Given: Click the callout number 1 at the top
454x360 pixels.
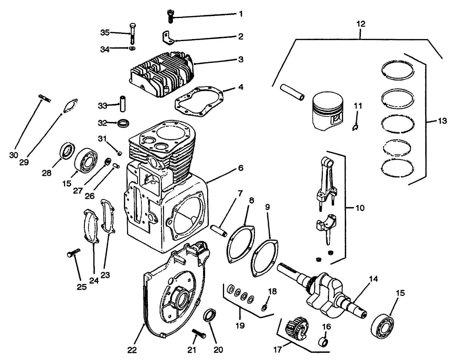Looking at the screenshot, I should point(241,14).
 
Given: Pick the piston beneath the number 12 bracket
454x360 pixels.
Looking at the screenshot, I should point(328,111).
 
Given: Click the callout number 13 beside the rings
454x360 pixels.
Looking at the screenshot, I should point(442,121).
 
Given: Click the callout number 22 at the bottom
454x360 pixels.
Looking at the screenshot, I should point(132,350).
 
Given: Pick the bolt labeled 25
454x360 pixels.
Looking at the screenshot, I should point(73,254).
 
